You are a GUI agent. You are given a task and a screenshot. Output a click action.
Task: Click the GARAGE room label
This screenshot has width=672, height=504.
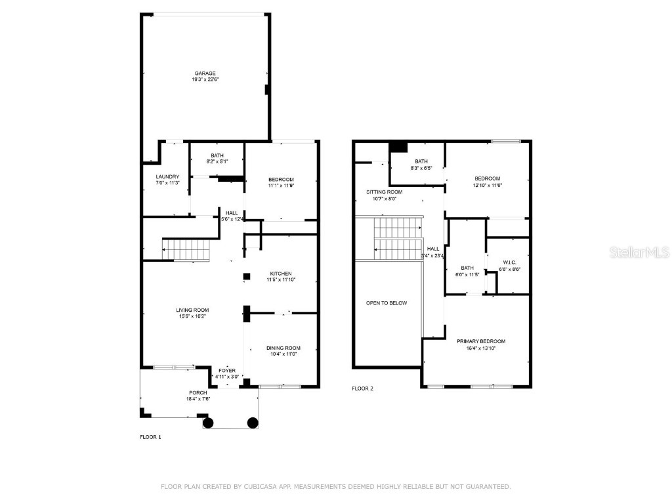[205, 73]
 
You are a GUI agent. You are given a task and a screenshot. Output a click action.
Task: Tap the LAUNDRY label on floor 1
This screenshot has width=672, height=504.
[167, 177]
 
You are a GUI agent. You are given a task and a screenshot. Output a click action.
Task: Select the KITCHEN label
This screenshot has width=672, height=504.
[281, 274]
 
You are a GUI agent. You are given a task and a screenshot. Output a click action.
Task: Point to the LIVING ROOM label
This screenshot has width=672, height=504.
[192, 310]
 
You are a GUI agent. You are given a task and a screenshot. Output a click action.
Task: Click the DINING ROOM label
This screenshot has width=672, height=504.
[283, 348]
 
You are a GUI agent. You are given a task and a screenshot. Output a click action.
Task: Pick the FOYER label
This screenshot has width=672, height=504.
[227, 371]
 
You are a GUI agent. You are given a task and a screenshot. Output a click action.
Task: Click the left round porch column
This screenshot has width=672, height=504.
[208, 423]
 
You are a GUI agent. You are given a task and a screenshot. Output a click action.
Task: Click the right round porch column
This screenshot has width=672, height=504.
[252, 423]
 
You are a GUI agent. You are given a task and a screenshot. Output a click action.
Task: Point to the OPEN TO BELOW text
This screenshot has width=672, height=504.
[387, 303]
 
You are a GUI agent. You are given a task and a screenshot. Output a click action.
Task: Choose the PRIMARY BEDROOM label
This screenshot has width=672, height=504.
[481, 341]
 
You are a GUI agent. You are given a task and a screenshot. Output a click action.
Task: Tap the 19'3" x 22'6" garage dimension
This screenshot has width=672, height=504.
[205, 79]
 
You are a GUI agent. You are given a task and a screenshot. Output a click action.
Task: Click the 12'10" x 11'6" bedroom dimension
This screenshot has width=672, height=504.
[488, 184]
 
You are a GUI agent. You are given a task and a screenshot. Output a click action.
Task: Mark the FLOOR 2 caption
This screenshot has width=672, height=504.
[362, 388]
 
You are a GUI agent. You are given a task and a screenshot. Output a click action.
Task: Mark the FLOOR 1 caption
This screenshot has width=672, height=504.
[150, 437]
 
